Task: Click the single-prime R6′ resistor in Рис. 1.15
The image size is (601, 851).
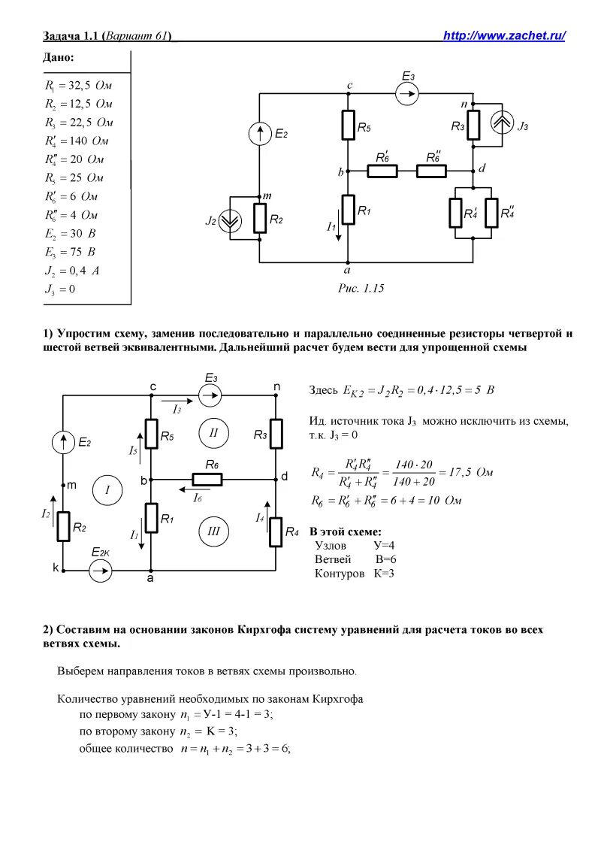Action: (x=382, y=171)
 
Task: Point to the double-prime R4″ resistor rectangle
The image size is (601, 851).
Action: (x=492, y=213)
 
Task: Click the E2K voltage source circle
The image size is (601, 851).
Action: (x=101, y=571)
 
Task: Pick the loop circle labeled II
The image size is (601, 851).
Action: (x=213, y=433)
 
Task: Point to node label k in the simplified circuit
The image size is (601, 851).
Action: (x=56, y=568)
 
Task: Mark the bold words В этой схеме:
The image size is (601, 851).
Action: (x=346, y=531)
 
